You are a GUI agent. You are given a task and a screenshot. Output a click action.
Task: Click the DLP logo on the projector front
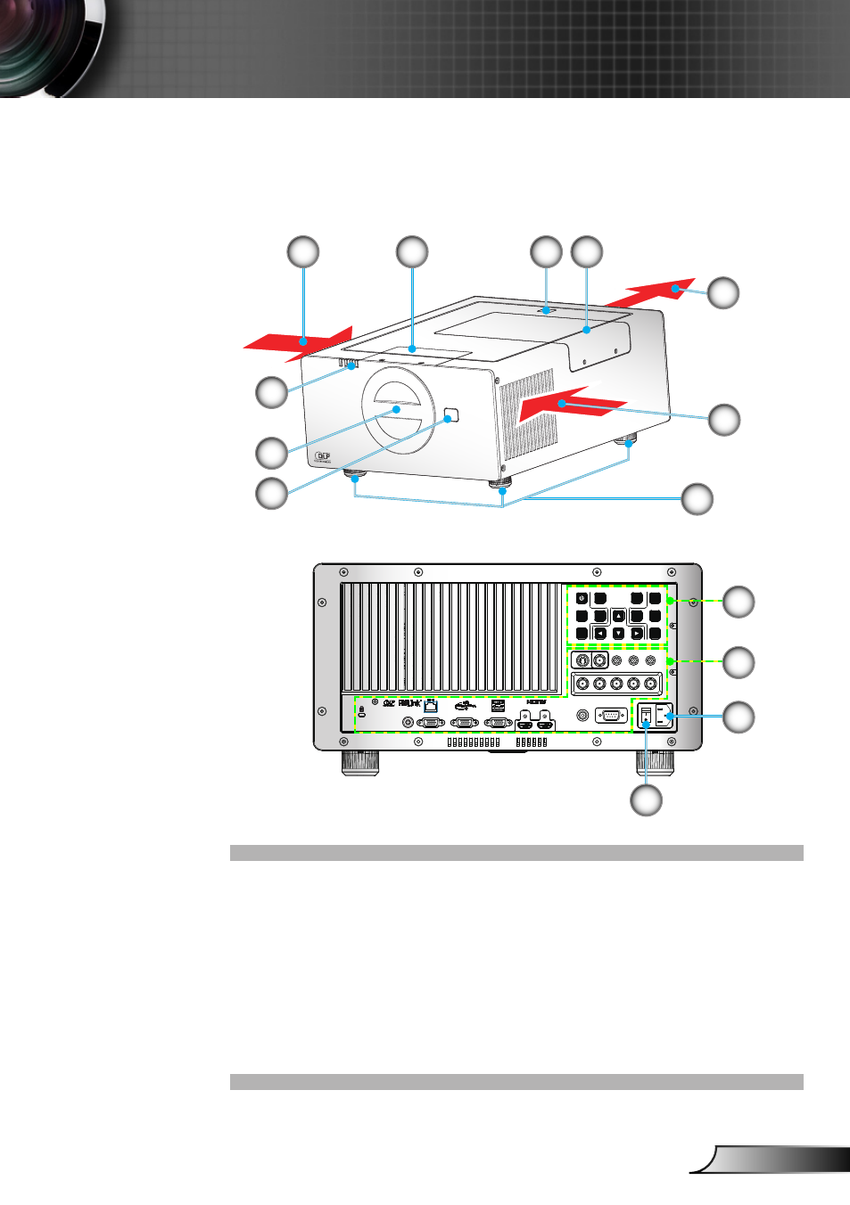coord(323,457)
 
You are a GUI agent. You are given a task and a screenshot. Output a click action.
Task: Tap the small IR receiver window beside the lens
coord(450,414)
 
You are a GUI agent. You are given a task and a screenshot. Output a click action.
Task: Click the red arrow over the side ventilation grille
coord(571,402)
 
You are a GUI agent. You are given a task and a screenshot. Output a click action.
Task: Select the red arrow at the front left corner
coord(299,342)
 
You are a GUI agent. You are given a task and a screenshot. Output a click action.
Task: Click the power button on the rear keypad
coord(582,598)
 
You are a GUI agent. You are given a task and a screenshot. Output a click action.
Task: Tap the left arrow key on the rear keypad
coord(600,634)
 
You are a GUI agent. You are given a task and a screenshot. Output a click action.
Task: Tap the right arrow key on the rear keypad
coord(637,634)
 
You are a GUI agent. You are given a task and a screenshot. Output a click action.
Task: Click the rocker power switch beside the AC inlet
coord(646,716)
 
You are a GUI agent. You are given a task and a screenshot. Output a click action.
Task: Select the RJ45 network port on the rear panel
coord(431,706)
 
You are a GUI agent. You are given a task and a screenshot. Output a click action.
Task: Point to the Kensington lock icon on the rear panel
coord(361,713)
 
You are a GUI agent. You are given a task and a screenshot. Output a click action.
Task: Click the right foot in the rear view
coord(654,762)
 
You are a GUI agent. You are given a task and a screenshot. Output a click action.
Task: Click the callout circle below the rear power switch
coord(646,799)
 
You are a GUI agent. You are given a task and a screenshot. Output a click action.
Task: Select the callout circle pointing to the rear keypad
coord(738,602)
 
